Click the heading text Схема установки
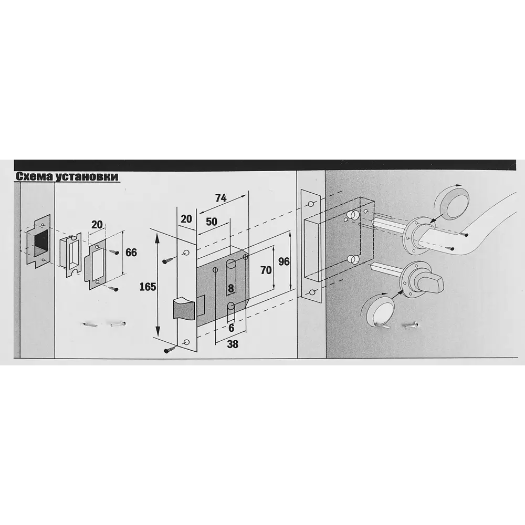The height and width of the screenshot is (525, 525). coord(67,176)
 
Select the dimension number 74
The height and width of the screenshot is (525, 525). coord(220,198)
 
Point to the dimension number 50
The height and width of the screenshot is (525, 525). coord(212,222)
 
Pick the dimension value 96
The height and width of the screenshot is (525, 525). coord(284,261)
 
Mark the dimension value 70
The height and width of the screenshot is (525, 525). coord(266,270)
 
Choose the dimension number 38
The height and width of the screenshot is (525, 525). coord(233,344)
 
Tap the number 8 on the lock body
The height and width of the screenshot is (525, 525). coord(231,288)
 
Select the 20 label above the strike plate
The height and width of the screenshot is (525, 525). coord(97,224)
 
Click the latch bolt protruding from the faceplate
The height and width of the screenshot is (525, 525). coord(184,307)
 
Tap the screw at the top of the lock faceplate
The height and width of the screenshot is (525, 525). coord(169,260)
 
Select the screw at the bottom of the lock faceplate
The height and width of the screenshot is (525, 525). coord(170,350)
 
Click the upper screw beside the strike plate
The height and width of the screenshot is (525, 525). coord(113,251)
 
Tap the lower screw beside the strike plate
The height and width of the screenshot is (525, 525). coord(113,288)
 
